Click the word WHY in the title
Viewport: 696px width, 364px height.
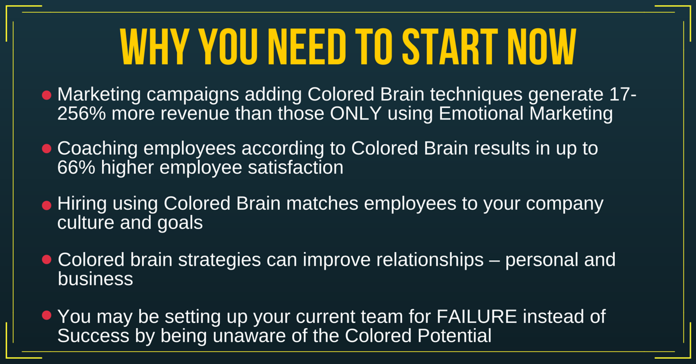154,46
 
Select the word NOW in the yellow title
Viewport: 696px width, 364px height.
542,46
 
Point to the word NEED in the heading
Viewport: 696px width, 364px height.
307,46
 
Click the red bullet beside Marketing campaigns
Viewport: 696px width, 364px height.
46,95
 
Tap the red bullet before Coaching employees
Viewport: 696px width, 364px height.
46,148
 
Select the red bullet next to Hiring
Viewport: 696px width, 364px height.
46,205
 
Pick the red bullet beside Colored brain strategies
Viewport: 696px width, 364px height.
46,259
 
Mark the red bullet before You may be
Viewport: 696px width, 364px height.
46,315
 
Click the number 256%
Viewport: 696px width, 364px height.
82,113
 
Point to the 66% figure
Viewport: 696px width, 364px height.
76,168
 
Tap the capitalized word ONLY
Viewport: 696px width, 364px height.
356,113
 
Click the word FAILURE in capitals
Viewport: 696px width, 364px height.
477,316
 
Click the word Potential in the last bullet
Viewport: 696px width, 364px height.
454,336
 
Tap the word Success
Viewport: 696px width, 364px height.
93,336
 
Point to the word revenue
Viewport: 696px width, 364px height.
195,114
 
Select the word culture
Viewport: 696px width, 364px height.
86,223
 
